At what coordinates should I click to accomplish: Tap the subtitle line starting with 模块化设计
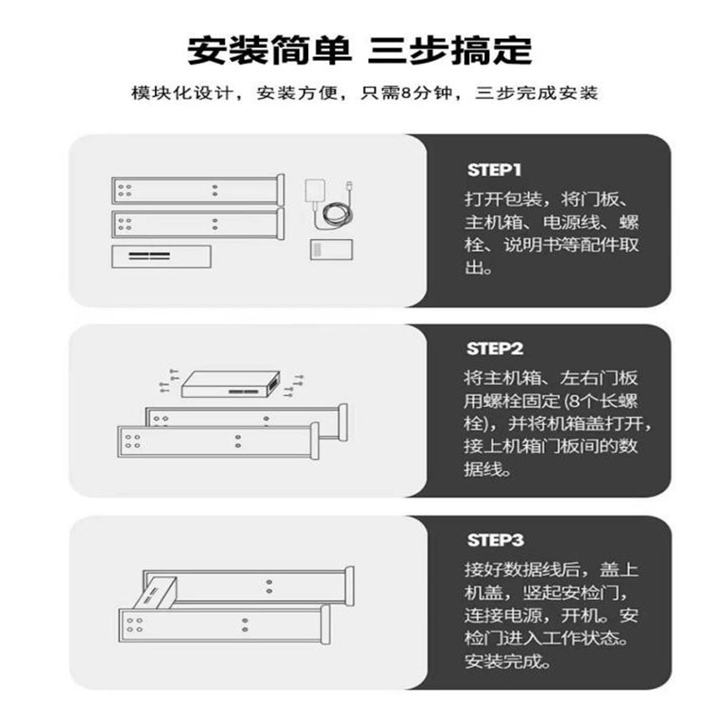pos(363,93)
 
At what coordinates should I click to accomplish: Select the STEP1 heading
pos(495,169)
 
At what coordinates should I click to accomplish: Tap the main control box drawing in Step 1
pos(160,256)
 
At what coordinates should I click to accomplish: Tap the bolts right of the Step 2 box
pos(294,384)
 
